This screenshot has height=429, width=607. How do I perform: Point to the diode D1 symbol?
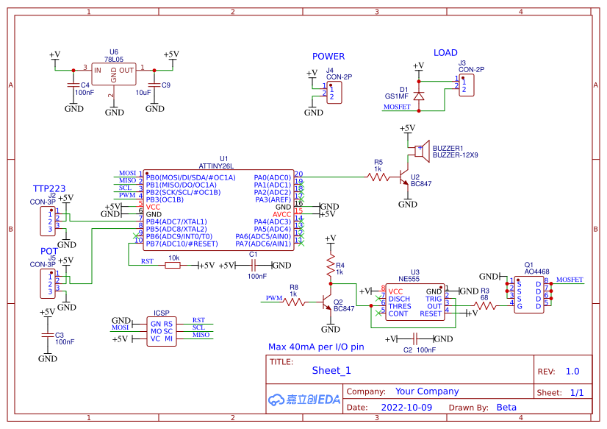coord(419,96)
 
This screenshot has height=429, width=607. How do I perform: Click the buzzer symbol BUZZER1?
coord(420,152)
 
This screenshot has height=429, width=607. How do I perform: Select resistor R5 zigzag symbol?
coord(378,177)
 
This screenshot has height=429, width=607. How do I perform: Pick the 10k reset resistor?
coord(173,266)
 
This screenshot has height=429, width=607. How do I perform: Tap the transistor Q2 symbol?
coord(326,302)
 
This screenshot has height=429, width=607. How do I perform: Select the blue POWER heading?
coord(328,57)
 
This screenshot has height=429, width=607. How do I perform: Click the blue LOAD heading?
coord(445,53)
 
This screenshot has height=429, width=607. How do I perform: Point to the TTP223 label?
coord(49,188)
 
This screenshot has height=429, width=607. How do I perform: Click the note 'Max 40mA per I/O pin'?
coord(316,347)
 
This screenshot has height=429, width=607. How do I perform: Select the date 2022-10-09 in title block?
coord(406,407)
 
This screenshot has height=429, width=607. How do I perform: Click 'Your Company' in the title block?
coord(426,391)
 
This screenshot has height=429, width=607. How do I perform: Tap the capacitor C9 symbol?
coord(154,85)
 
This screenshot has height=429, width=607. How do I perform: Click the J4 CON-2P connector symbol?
coord(334,93)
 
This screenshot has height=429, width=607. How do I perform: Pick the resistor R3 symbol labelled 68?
coord(484,305)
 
